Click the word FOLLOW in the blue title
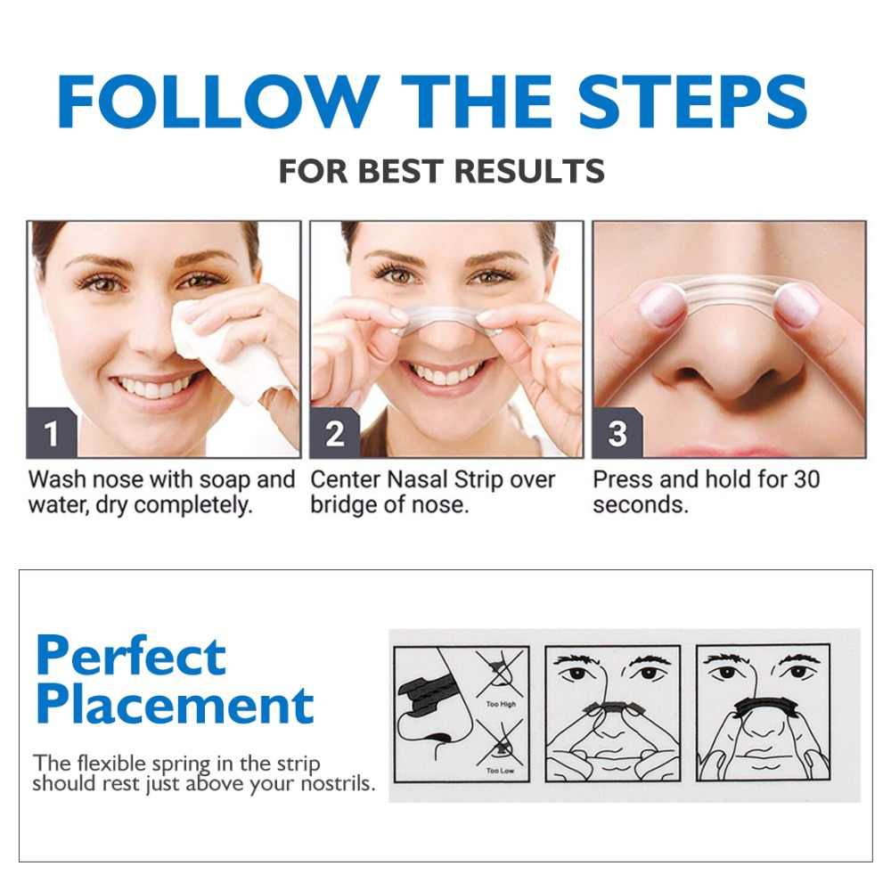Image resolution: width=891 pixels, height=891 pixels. [x=219, y=102]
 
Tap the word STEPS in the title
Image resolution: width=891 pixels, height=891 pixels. [x=692, y=102]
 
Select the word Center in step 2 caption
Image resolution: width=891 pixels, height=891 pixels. [x=346, y=479]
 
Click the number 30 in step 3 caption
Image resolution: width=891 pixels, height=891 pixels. [x=806, y=479]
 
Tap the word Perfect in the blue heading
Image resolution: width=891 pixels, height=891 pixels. [x=131, y=656]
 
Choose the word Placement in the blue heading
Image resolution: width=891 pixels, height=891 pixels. [x=175, y=705]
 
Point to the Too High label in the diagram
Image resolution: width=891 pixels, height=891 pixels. [x=501, y=704]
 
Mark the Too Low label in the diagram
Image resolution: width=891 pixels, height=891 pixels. [x=500, y=771]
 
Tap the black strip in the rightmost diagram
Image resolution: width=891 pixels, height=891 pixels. [x=764, y=707]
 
